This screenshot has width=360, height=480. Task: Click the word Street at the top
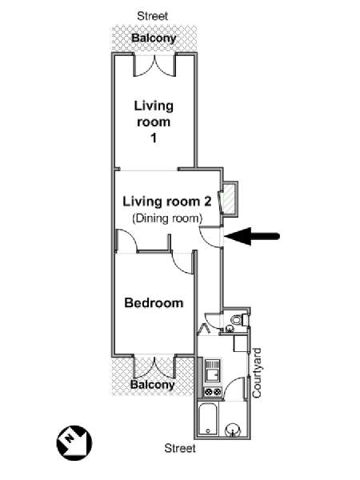pos(153,16)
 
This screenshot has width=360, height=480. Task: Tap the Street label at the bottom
pos(180,449)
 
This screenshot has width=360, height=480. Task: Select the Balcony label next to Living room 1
pos(154,38)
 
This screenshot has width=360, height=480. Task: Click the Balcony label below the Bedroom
pos(153,385)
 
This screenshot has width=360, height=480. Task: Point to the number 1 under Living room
pos(154,138)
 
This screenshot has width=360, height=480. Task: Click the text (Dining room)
pos(167,218)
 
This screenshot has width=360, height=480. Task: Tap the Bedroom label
pos(154,302)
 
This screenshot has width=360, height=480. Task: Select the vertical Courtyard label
pos(257,373)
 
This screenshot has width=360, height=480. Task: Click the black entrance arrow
pos(252,236)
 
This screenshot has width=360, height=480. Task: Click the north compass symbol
pos(74,442)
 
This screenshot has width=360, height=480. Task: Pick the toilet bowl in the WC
pos(238,320)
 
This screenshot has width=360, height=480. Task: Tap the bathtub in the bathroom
pos(208,419)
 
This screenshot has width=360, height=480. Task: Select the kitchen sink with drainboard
pos(213,370)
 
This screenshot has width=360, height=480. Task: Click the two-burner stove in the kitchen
pos(213,391)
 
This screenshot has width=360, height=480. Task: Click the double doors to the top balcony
pos(154,65)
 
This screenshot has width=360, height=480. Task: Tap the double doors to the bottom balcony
pos(154,366)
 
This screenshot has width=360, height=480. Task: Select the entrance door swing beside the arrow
pos(210,236)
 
